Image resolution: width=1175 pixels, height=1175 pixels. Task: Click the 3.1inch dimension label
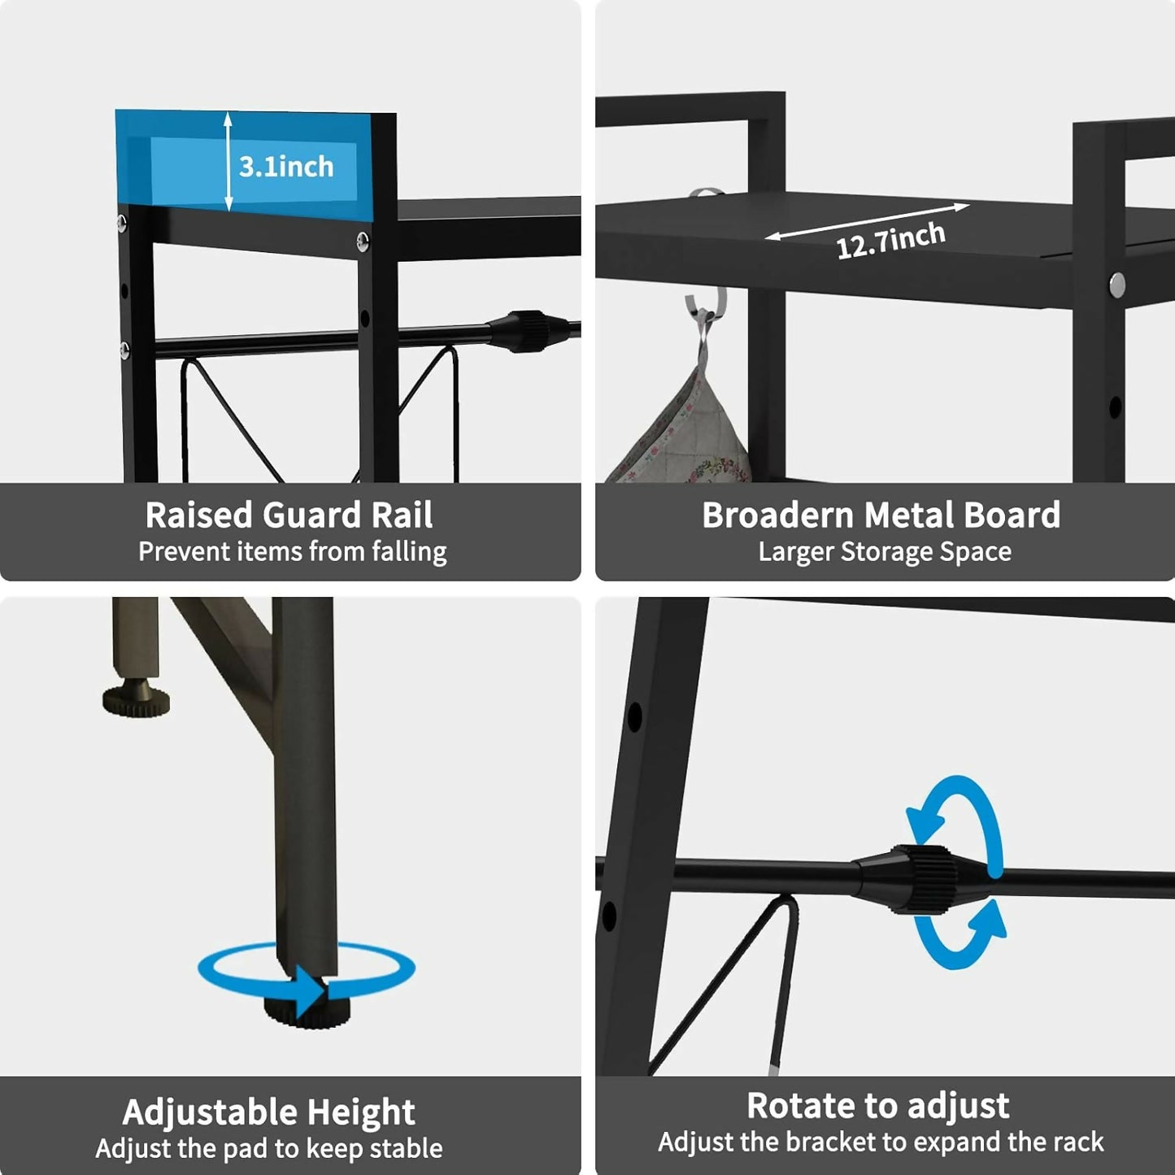(x=286, y=167)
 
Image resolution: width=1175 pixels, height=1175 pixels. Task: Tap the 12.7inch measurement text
(x=891, y=241)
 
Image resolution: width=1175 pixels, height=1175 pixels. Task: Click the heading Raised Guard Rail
(x=289, y=515)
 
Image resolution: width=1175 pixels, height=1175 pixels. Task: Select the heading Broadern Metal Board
(x=881, y=515)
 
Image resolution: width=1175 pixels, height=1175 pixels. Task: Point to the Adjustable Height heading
(x=268, y=1112)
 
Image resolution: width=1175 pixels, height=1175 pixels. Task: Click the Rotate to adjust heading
(x=877, y=1106)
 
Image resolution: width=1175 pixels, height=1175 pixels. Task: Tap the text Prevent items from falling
(x=292, y=552)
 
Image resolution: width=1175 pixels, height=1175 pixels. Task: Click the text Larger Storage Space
(x=885, y=552)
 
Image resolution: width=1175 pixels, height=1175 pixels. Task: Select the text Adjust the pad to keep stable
(x=269, y=1148)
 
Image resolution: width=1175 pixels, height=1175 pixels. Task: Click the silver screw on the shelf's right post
(x=1117, y=284)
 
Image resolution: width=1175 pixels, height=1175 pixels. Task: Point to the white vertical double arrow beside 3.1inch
(x=228, y=161)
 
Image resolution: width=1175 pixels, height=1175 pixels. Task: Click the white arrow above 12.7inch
(x=867, y=221)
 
